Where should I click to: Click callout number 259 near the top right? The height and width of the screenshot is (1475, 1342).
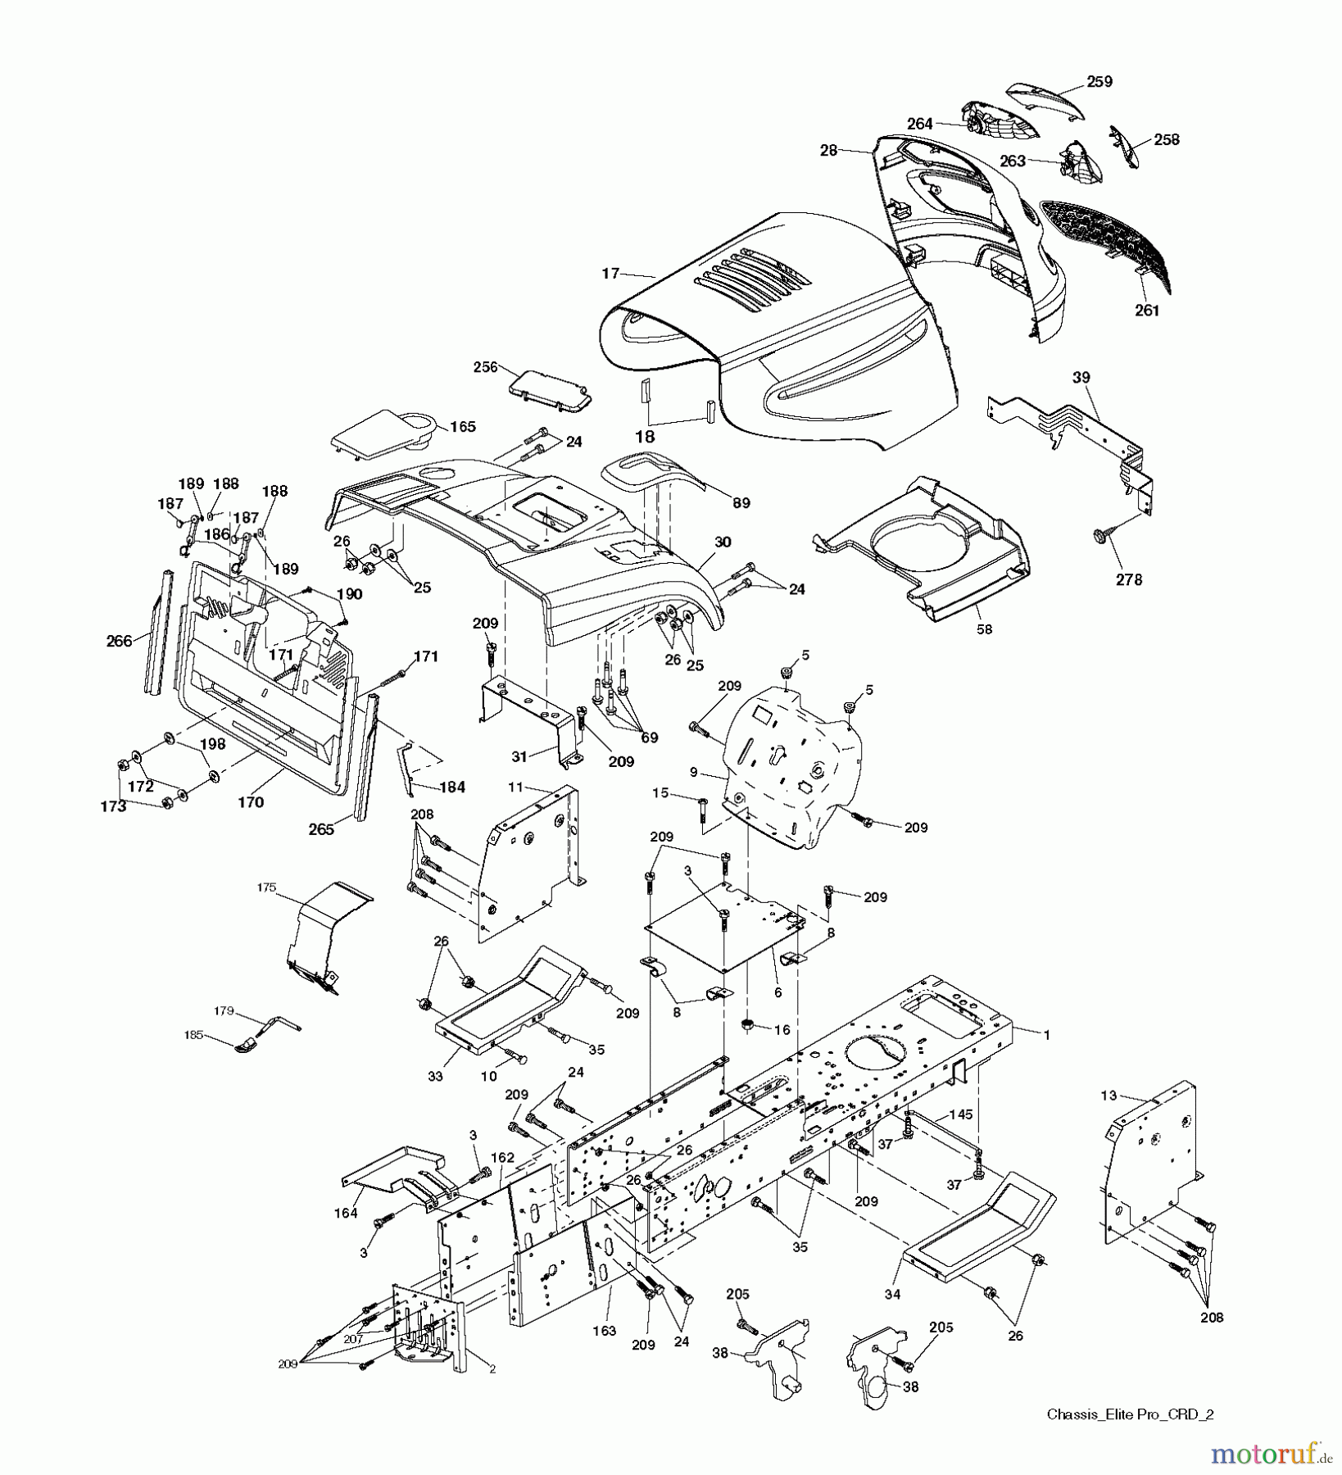click(x=1099, y=82)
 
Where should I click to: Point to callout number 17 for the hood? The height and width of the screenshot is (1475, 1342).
click(x=610, y=274)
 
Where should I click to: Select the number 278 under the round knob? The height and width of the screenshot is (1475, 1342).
click(x=1128, y=579)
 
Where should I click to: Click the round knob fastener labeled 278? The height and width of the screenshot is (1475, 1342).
click(x=1101, y=535)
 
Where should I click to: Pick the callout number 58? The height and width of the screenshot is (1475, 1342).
click(x=984, y=629)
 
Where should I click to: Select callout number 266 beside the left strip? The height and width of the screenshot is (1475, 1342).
click(x=120, y=641)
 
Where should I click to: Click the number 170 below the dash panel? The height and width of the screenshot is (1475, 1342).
click(x=251, y=802)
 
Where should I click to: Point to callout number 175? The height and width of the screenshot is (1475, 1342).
click(x=266, y=887)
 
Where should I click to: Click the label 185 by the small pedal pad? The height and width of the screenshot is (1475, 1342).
click(x=194, y=1036)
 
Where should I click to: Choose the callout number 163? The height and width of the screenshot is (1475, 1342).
click(x=604, y=1332)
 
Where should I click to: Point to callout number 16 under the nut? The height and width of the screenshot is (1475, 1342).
click(x=782, y=1029)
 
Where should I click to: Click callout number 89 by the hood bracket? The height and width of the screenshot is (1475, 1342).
click(x=741, y=504)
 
